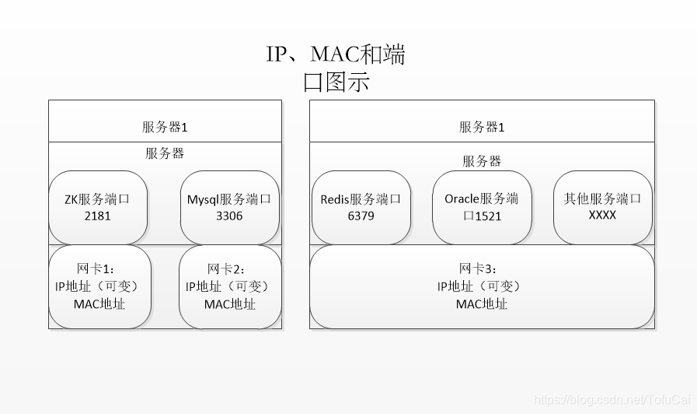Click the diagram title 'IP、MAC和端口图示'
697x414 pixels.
[x=336, y=68]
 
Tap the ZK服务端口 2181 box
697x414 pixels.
[x=98, y=208]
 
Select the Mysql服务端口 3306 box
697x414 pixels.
[x=229, y=208]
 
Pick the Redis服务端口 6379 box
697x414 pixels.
[x=361, y=208]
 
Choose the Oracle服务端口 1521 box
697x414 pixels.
[x=482, y=208]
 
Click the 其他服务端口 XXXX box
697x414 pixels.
[x=603, y=208]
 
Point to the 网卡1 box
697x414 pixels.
[x=99, y=287]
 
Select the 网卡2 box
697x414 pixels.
[x=230, y=287]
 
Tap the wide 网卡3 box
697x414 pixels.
[x=482, y=287]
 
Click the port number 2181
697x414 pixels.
[x=97, y=216]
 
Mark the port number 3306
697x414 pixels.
[x=229, y=216]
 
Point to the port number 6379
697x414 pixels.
[x=361, y=216]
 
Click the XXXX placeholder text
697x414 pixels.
[x=602, y=216]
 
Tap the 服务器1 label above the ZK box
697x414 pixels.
[x=165, y=128]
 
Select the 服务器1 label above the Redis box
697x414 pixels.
[x=482, y=128]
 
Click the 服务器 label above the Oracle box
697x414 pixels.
[x=482, y=161]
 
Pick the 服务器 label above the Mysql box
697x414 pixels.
[x=165, y=153]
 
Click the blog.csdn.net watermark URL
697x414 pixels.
[x=612, y=399]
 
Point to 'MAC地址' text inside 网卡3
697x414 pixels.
[x=482, y=304]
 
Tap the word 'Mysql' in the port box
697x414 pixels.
[x=203, y=199]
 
